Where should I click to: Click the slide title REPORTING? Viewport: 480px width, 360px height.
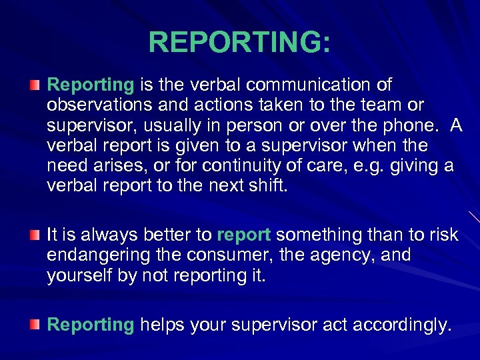click(x=239, y=41)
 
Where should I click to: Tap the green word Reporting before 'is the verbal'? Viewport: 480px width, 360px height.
click(x=91, y=85)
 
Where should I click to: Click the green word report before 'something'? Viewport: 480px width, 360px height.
click(x=243, y=235)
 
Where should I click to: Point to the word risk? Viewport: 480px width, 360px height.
click(x=443, y=235)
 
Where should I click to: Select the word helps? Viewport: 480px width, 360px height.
click(x=162, y=325)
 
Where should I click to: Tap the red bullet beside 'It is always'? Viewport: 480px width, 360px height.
click(x=35, y=235)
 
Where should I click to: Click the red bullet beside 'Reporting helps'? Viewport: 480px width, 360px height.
click(x=35, y=325)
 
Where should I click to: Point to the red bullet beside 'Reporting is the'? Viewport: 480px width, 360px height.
click(x=35, y=85)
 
